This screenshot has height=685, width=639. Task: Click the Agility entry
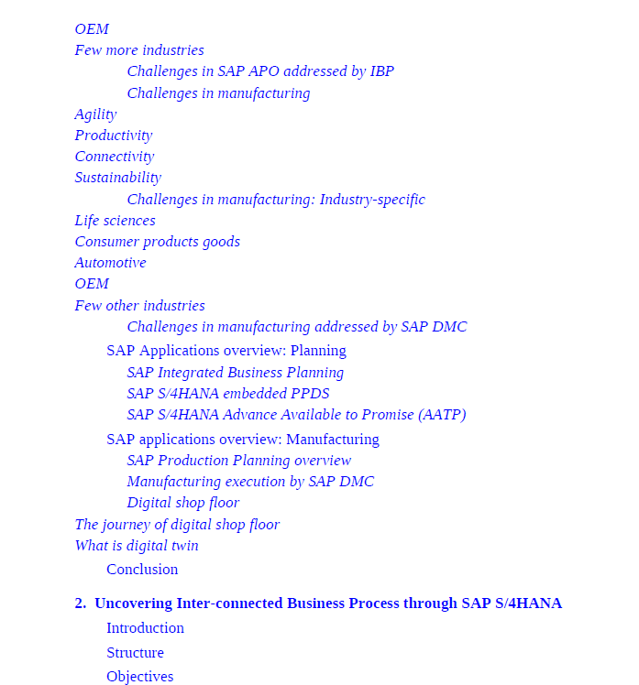pos(95,114)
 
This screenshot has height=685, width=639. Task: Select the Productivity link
pos(114,136)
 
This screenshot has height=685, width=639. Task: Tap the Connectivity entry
pos(115,157)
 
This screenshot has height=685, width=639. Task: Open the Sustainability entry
pos(117,178)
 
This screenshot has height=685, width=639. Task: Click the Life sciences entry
pos(115,221)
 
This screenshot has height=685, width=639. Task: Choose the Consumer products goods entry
pos(157,242)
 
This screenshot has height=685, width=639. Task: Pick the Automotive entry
pos(110,263)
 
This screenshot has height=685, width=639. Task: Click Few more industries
pos(139,50)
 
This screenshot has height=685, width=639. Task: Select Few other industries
pos(139,306)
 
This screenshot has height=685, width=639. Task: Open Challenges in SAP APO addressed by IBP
pos(260,71)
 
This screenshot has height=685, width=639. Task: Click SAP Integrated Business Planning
pos(235,373)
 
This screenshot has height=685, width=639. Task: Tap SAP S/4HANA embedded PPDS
pos(227,394)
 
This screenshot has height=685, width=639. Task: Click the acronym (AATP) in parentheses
pos(442,415)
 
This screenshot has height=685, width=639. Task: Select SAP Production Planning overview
pos(238,461)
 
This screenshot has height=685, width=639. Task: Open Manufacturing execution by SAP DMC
pos(250,482)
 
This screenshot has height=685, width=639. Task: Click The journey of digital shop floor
pos(177,525)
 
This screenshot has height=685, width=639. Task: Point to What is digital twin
pos(137,546)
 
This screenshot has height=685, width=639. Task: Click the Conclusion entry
pos(142,570)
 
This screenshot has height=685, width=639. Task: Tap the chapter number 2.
pos(80,603)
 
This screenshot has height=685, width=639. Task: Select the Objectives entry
pos(139,677)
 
